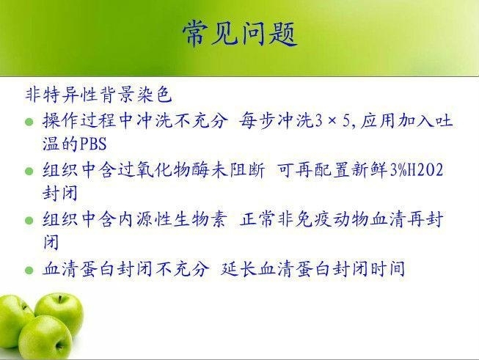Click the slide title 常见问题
240,34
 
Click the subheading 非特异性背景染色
98,95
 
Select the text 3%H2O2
417,170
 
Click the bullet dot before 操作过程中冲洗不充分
29,122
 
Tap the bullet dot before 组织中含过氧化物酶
29,171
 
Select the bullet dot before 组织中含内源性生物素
29,221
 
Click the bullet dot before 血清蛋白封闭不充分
29,271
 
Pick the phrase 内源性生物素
173,219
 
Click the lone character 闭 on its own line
51,243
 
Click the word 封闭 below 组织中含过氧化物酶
60,194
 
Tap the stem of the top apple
60,299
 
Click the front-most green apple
45,337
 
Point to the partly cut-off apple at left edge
14,320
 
